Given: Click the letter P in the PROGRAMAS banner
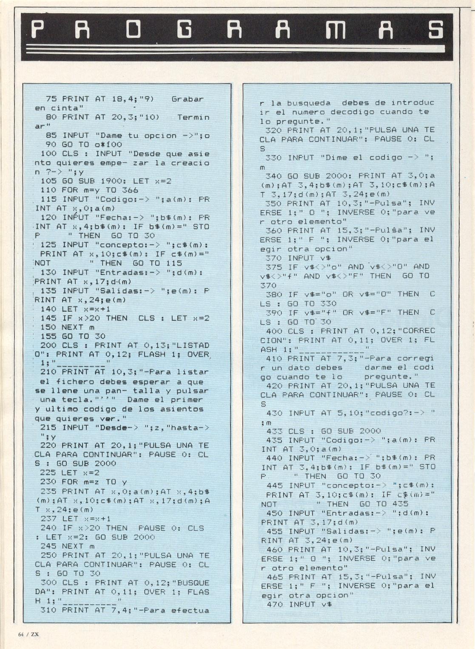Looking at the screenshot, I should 37,30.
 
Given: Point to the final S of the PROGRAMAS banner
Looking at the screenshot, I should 436,30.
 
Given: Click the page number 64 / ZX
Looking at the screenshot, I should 28,635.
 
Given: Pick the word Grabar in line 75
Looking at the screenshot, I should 188,99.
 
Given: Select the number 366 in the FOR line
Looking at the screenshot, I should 130,190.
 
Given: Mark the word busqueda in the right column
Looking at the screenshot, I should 309,103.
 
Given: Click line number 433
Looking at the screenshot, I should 274,431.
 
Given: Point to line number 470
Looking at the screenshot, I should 275,604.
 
